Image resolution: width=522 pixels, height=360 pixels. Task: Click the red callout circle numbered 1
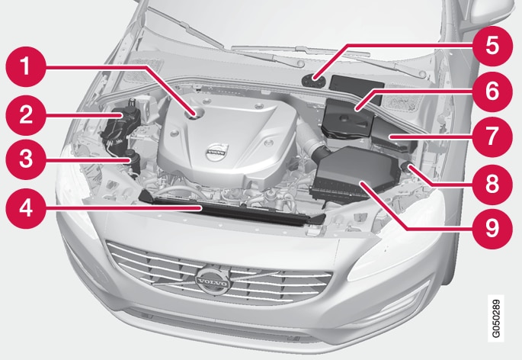pyautogui.click(x=26, y=66)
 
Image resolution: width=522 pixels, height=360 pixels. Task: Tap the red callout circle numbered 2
pyautogui.click(x=26, y=115)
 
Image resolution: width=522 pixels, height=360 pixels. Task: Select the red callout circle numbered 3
pyautogui.click(x=26, y=159)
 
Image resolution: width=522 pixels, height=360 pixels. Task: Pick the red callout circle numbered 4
pyautogui.click(x=26, y=208)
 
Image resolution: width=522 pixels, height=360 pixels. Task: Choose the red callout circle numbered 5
pyautogui.click(x=492, y=46)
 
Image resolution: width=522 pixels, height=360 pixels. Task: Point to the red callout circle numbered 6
pyautogui.click(x=492, y=92)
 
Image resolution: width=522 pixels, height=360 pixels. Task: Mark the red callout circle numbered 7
pyautogui.click(x=492, y=137)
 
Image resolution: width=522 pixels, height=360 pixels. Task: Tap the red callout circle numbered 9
pyautogui.click(x=492, y=229)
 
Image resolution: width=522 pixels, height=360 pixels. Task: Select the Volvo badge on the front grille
pyautogui.click(x=213, y=281)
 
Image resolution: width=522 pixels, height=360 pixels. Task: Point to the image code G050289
pyautogui.click(x=496, y=318)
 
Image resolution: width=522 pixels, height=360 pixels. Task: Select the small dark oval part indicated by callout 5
pyautogui.click(x=314, y=81)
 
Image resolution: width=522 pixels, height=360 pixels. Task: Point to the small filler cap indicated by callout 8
pyautogui.click(x=406, y=165)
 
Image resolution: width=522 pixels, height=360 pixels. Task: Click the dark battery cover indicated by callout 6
pyautogui.click(x=348, y=119)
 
